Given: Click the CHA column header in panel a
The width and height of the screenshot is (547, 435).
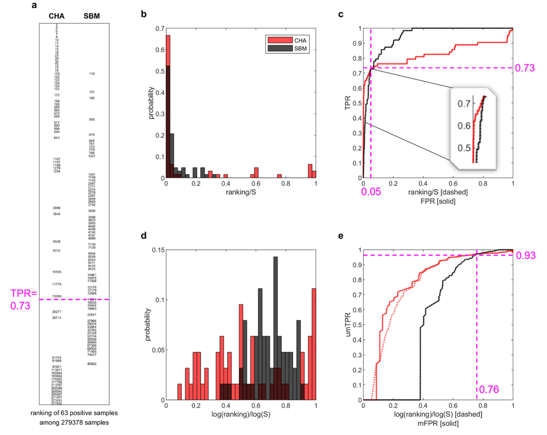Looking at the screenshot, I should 57,16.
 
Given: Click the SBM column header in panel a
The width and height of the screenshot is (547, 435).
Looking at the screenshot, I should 92,16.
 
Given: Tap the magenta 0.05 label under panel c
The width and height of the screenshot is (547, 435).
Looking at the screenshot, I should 371,192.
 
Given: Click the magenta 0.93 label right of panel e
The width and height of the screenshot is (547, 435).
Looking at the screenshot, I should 526,255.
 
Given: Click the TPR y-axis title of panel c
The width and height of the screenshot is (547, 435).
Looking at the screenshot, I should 348,103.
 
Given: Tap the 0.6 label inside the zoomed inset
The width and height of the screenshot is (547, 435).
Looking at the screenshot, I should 464,126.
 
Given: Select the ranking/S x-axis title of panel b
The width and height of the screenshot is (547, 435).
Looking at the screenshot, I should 241,192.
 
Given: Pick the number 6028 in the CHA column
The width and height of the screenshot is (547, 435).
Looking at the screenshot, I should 57,241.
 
